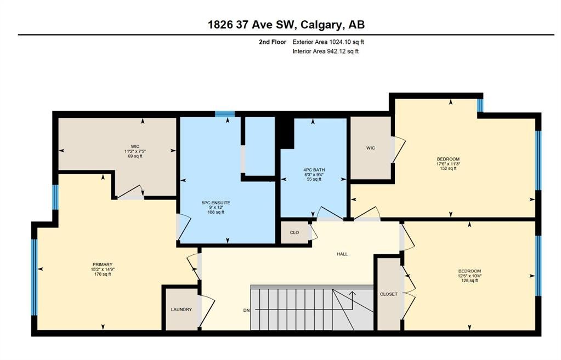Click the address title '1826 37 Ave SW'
tap(251, 25)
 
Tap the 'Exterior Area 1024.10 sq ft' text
tap(328, 42)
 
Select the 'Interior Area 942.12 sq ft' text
tap(326, 51)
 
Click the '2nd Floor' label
tap(273, 42)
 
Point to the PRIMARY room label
tap(103, 265)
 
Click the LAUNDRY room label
tap(182, 310)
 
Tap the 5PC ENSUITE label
tap(216, 203)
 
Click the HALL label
tap(342, 254)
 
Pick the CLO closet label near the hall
tap(294, 232)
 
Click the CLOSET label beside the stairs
tap(389, 294)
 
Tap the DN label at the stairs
tap(247, 310)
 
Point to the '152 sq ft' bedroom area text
tap(448, 169)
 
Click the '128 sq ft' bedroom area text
tap(470, 281)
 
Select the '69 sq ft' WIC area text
tap(135, 156)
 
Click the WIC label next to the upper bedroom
tap(371, 148)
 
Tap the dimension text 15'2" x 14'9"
tap(103, 270)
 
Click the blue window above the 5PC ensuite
tap(225, 114)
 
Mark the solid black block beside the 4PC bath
tap(286, 132)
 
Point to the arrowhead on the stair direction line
tap(353, 294)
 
